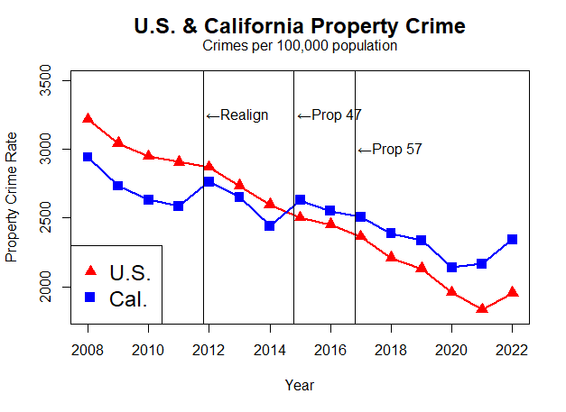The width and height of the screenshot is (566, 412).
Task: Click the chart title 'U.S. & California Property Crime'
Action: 299,26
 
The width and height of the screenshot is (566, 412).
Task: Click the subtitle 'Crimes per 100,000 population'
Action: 300,46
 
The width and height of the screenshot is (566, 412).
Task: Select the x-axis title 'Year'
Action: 299,385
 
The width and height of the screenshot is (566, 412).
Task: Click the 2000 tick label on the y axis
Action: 57,287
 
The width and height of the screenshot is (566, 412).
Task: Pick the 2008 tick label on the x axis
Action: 88,349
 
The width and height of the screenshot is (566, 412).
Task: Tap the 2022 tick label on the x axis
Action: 512,349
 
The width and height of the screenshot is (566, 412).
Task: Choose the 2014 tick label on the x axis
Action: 269,349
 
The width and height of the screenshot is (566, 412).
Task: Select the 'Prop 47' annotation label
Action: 329,114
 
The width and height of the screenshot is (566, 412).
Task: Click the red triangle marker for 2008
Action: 88,118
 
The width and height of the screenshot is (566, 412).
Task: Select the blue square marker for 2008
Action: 88,157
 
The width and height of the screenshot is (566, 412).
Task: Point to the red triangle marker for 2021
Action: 482,308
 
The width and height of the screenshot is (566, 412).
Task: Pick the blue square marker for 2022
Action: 512,239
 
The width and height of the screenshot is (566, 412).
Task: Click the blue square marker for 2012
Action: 209,182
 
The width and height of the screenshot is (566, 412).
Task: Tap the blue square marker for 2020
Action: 451,267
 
